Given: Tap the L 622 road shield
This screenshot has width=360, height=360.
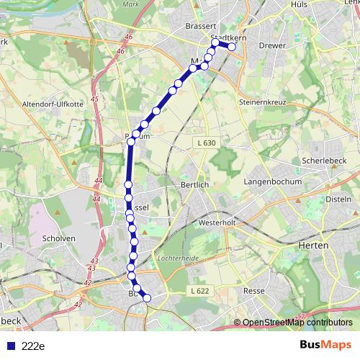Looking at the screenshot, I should tap(200, 290).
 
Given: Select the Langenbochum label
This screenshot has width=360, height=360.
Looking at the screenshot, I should tap(273, 181).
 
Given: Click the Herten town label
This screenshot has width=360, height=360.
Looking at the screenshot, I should tap(312, 245).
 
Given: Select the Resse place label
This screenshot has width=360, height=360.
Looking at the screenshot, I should tap(255, 291).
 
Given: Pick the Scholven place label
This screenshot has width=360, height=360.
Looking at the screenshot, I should tap(59, 238).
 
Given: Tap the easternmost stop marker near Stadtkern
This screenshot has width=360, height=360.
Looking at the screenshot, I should tap(231, 48).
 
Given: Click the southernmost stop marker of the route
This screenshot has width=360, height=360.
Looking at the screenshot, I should tap(148, 298).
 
